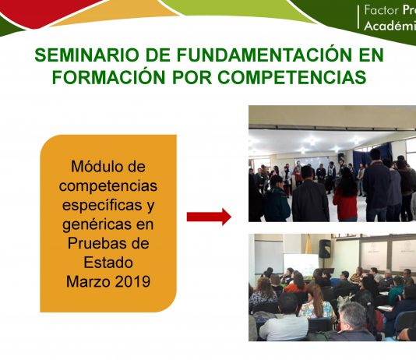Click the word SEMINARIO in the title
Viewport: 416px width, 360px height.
pyautogui.click(x=86, y=55)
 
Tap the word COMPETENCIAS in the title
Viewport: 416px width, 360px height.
pyautogui.click(x=292, y=77)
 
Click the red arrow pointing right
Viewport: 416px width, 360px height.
pyautogui.click(x=209, y=217)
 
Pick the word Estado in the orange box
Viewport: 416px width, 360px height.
pyautogui.click(x=108, y=263)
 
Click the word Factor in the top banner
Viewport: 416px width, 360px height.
pyautogui.click(x=381, y=10)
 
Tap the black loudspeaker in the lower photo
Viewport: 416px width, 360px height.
pyautogui.click(x=325, y=249)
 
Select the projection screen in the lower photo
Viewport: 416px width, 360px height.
pyautogui.click(x=301, y=264)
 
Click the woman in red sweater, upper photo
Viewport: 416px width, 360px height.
pyautogui.click(x=345, y=197)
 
